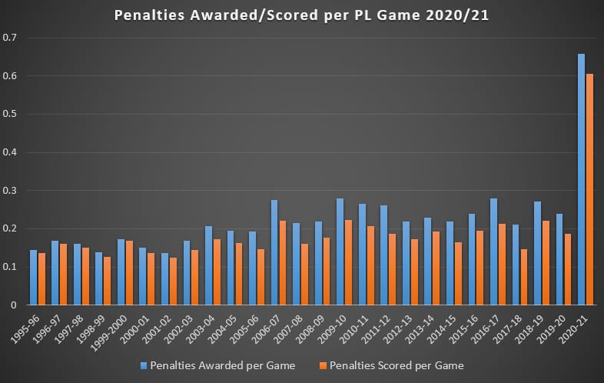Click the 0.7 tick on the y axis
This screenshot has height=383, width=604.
(9, 38)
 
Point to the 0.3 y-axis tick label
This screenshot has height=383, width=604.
(9, 190)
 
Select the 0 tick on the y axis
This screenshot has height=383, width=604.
(13, 305)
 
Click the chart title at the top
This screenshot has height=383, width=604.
(301, 15)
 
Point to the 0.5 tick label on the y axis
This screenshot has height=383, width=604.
(9, 114)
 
